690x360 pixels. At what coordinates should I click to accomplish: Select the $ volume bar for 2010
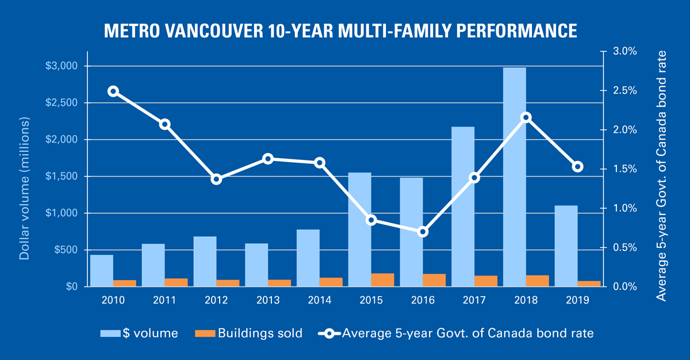point(102,270)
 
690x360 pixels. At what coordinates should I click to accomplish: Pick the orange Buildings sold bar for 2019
point(589,284)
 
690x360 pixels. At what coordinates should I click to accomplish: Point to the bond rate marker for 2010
point(113,91)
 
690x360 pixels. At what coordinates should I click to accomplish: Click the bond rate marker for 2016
point(423,232)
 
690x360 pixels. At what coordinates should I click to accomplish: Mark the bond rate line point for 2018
point(526,117)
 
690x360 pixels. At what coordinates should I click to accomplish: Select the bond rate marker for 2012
point(216,179)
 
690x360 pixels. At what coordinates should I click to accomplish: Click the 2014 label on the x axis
point(320,300)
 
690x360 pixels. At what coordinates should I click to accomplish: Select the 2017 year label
point(474,300)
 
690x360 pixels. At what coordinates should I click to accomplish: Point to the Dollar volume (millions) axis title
point(24,189)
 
